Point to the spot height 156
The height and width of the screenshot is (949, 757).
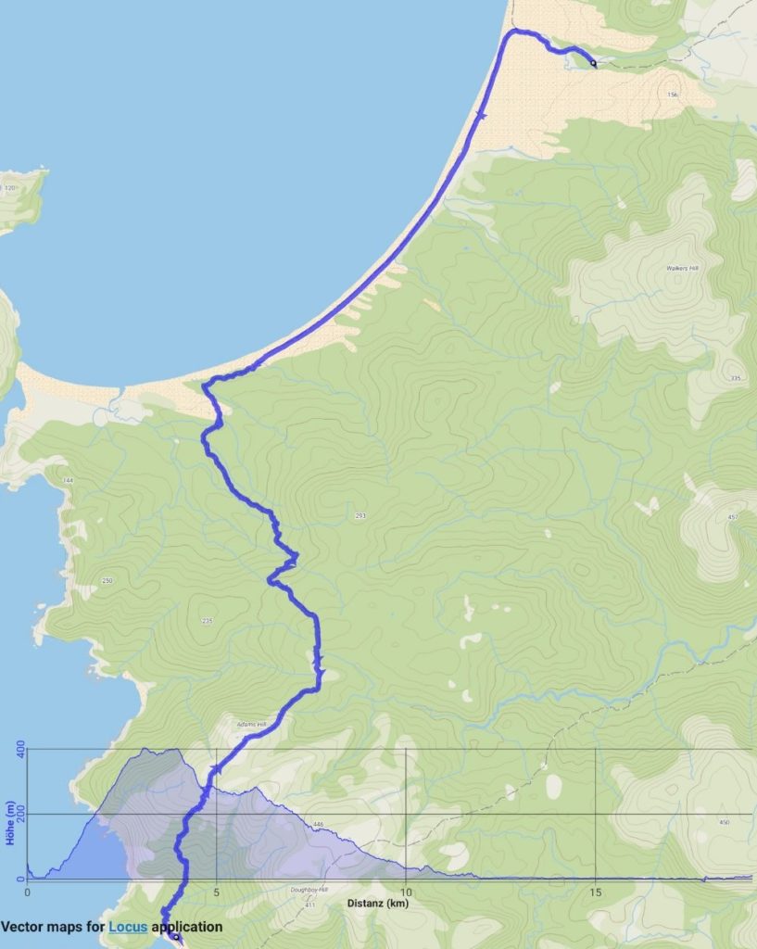pos(672,95)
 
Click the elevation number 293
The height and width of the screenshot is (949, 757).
pos(360,515)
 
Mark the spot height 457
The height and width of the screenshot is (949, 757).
pos(733,516)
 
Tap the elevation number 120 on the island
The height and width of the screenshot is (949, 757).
pos(10,188)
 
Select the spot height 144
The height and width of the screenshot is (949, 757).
pos(67,481)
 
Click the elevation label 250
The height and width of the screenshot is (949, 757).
pos(107,581)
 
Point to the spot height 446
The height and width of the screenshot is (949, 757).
pos(318,824)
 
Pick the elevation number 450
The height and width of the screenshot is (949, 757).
pos(724,822)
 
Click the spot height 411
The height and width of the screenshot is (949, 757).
pos(309,905)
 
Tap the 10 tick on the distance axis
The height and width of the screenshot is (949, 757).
pos(405,893)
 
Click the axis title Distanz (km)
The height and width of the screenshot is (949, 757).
pos(377,904)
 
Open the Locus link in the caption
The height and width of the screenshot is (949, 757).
pos(128,926)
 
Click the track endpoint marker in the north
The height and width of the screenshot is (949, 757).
pos(593,64)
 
